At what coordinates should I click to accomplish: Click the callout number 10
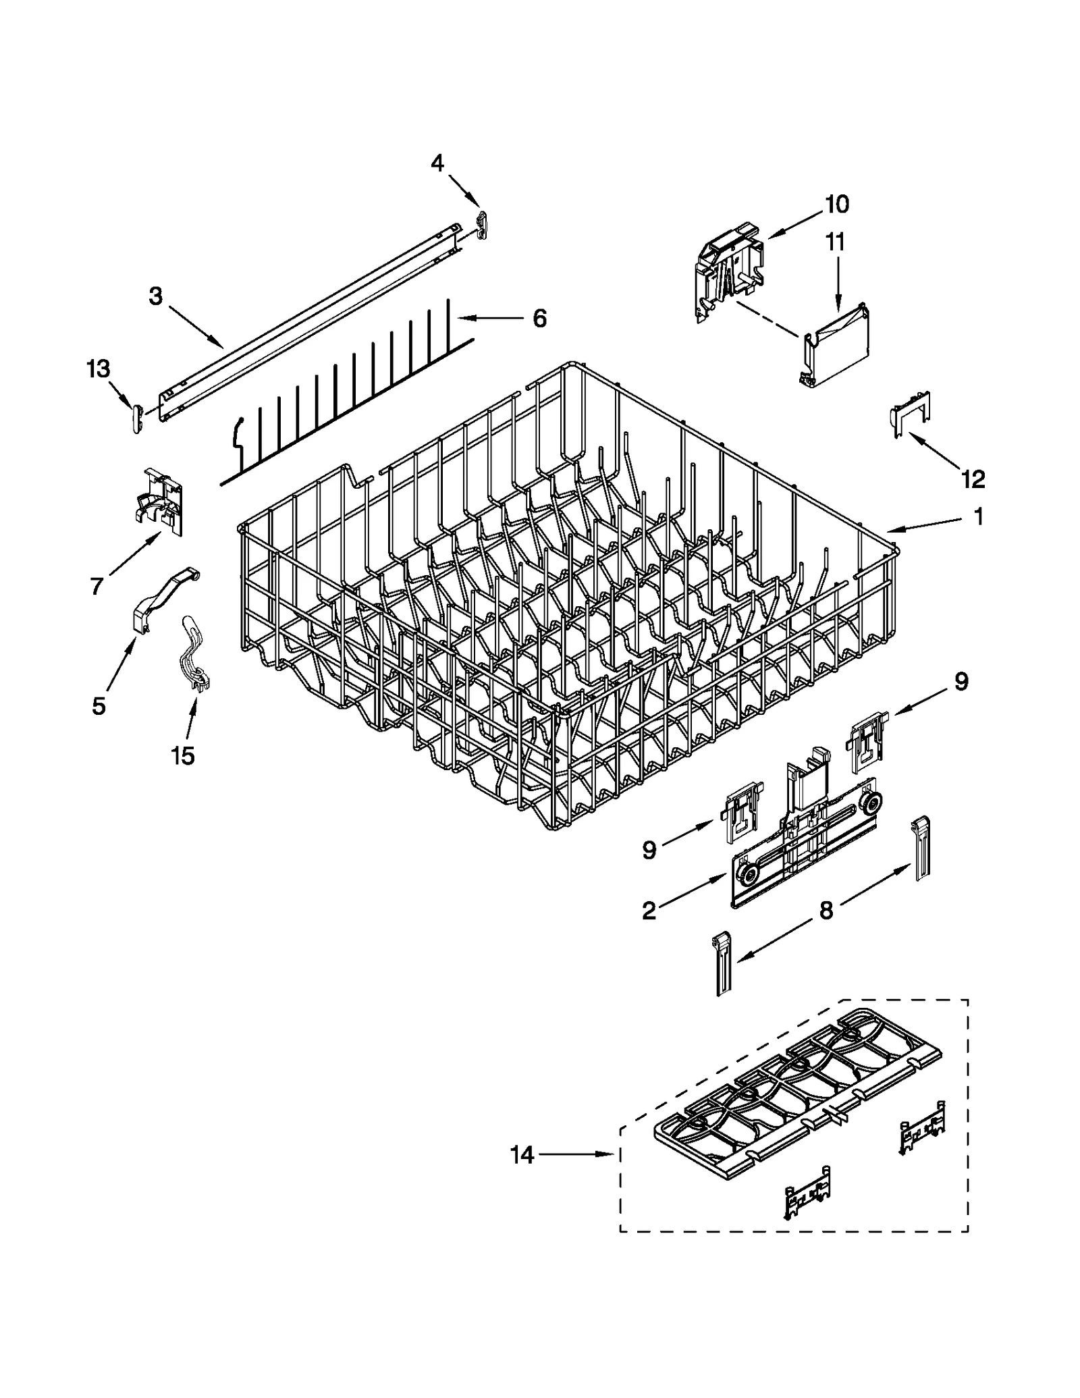point(836,204)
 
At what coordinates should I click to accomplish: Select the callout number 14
point(522,1155)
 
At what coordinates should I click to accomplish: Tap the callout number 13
point(98,369)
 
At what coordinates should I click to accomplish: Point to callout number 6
point(539,318)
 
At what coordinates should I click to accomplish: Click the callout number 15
point(183,756)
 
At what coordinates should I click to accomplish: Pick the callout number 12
point(973,479)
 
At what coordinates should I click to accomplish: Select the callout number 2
point(649,911)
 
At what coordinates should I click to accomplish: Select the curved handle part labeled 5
point(162,597)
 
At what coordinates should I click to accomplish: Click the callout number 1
point(977,517)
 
